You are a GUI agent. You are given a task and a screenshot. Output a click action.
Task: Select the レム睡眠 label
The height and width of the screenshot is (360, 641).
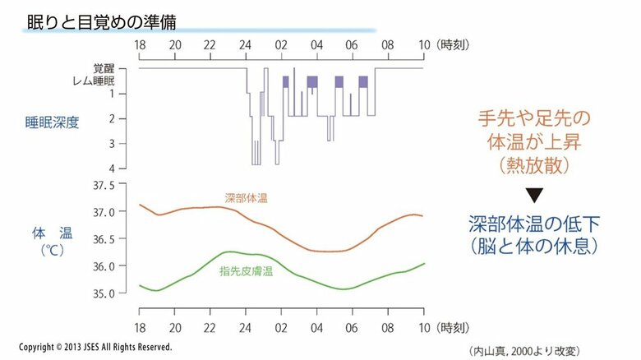pyautogui.click(x=105, y=81)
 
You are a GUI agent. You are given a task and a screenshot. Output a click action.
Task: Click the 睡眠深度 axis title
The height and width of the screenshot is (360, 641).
pyautogui.click(x=52, y=123)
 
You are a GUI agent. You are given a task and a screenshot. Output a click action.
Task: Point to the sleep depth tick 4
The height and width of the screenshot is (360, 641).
pyautogui.click(x=122, y=168)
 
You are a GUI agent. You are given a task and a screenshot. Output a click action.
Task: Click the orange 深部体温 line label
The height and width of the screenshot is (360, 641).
pyautogui.click(x=247, y=199)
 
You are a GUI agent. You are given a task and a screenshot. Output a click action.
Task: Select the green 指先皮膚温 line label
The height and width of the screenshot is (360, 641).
pyautogui.click(x=246, y=271)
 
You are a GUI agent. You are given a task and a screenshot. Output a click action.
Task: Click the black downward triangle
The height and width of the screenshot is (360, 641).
pyautogui.click(x=535, y=196)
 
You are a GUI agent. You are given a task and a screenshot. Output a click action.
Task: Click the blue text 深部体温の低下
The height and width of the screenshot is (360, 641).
pyautogui.click(x=535, y=224)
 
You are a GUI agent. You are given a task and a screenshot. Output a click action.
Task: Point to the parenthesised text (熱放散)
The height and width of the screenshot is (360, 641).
pyautogui.click(x=535, y=167)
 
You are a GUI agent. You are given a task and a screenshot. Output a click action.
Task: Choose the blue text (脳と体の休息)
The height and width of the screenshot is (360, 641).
pyautogui.click(x=535, y=246)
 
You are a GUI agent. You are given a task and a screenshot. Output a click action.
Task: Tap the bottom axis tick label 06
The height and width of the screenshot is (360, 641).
pyautogui.click(x=352, y=315)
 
